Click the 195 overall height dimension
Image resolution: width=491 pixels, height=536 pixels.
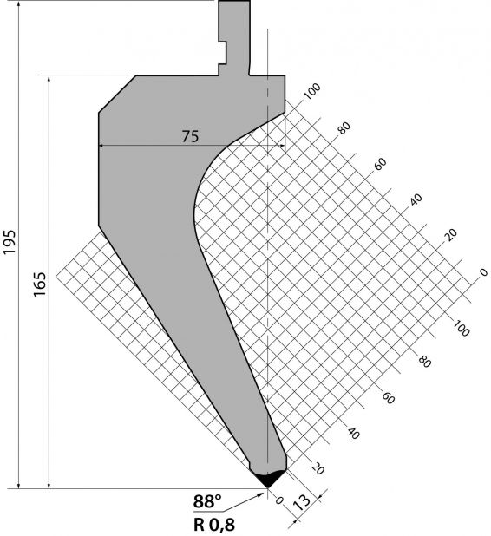10,242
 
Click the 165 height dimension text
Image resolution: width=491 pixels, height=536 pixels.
40,284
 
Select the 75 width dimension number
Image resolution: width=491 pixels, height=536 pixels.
190,136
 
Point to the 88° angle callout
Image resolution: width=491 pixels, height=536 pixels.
207,501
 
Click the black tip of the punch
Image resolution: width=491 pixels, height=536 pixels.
268,478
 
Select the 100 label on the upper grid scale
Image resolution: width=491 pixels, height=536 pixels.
312,91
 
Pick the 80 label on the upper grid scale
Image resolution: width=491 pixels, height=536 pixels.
344,127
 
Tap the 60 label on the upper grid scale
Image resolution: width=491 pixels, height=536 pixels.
380,164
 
